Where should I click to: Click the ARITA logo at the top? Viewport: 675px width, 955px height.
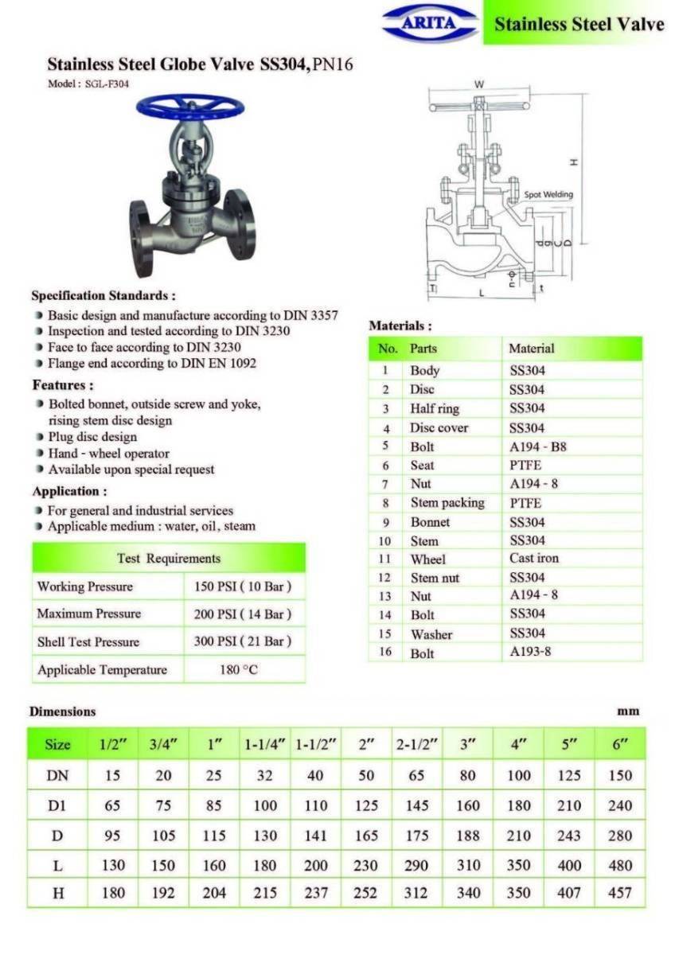pos(430,22)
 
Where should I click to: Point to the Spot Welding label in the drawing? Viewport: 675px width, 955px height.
pos(548,194)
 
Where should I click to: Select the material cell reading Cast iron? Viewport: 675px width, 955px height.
pos(534,559)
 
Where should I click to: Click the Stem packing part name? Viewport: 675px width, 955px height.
pos(447,503)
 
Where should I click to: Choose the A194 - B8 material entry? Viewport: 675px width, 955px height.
pos(538,446)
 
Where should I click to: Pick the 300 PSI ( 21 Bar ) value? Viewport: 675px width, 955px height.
pos(243,641)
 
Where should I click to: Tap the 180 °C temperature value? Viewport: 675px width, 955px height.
pos(238,670)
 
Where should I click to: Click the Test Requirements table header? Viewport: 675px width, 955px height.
pos(169,559)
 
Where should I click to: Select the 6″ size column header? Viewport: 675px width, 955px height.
pos(619,745)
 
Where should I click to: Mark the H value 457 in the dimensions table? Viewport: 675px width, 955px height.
pos(619,893)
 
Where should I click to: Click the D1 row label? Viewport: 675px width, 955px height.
pos(57,805)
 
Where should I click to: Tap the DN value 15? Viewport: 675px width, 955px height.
pos(112,775)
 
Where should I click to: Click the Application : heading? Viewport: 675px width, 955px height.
pos(69,491)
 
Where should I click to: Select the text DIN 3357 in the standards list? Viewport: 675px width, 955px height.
pos(310,315)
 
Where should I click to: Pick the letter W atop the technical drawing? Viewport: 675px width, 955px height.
pos(479,84)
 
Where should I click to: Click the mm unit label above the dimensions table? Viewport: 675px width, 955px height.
pos(628,711)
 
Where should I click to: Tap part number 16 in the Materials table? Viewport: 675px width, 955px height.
pos(385,653)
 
